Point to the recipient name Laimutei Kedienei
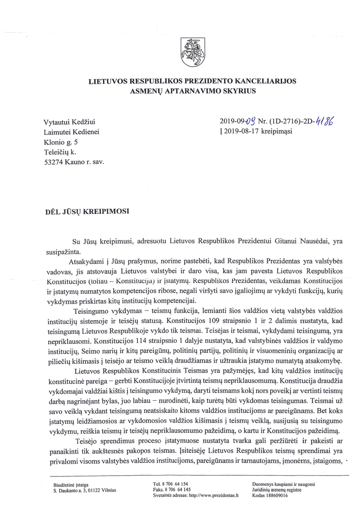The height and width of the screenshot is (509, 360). click(71, 132)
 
